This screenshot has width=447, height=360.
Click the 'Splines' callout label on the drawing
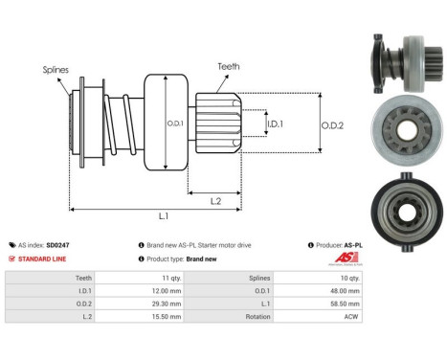pos(56,70)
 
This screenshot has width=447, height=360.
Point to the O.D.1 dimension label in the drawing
pos(177,123)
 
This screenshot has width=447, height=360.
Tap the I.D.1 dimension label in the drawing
pos(275,123)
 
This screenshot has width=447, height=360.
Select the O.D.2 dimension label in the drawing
pos(333,123)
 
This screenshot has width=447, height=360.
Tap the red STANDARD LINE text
pos(44,259)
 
